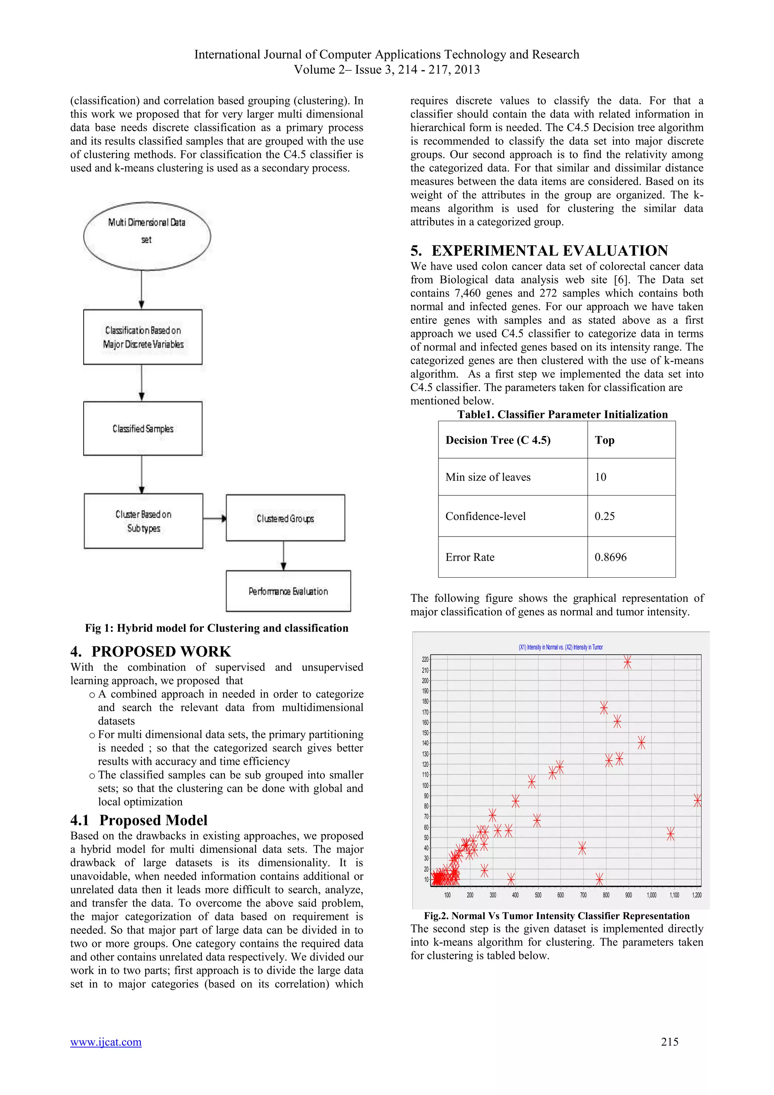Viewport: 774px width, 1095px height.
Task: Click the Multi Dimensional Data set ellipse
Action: (147, 236)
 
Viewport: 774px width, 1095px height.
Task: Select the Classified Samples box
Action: (142, 428)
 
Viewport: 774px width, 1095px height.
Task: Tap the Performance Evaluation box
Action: (288, 591)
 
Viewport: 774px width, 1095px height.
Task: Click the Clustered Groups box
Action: (285, 518)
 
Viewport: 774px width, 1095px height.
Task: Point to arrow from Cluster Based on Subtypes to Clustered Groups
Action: (214, 518)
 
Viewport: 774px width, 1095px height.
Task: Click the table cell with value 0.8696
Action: (610, 557)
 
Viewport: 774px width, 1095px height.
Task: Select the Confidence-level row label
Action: (485, 516)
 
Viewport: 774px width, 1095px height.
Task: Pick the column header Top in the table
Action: (604, 440)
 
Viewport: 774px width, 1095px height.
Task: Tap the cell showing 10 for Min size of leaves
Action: (601, 477)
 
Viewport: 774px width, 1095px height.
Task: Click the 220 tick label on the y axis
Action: (425, 659)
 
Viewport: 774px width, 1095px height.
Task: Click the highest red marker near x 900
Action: (627, 662)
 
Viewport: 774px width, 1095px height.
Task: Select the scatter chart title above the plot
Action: (560, 647)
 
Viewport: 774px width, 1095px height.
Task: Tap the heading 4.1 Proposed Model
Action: (139, 820)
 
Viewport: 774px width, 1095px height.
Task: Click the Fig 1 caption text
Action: (217, 628)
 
